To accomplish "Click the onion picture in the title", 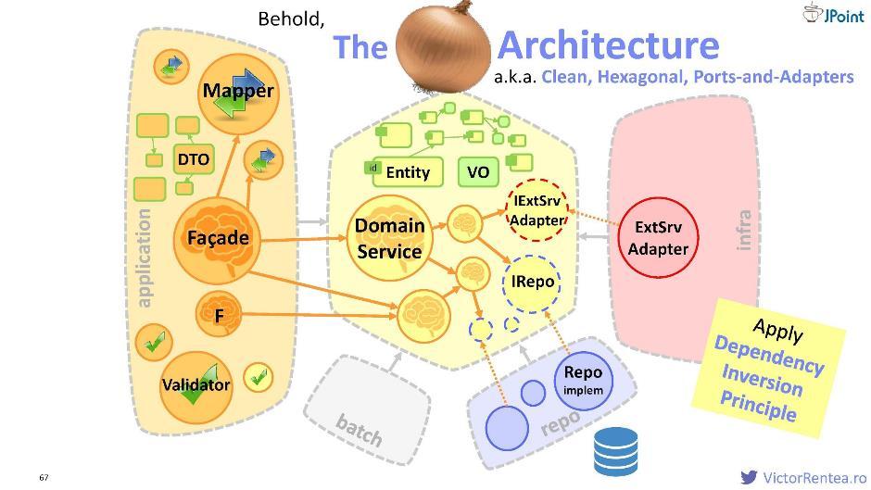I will click(443, 46).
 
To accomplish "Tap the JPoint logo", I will click(834, 14).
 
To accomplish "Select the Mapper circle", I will click(238, 92).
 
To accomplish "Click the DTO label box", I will click(194, 159).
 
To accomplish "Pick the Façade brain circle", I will click(218, 238).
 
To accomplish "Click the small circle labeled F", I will click(220, 315).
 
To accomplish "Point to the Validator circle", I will click(196, 384).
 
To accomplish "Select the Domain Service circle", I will click(389, 237).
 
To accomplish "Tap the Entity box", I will click(400, 171).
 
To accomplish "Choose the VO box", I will click(477, 171).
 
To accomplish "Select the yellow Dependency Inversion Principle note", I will click(768, 369).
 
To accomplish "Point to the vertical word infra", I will click(743, 230).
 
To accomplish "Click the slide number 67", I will click(44, 477).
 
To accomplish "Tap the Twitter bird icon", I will click(749, 477).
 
